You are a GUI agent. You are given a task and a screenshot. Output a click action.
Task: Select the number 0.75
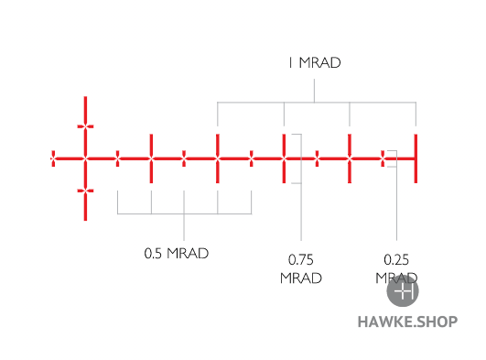tap(301, 259)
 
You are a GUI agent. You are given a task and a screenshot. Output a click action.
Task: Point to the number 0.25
tap(396, 259)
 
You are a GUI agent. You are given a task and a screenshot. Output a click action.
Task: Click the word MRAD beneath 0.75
tap(301, 278)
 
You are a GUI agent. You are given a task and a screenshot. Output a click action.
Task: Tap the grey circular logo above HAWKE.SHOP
tap(403, 291)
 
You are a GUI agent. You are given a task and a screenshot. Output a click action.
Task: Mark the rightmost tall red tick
tap(416, 158)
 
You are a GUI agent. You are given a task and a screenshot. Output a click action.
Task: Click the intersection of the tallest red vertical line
tap(85, 158)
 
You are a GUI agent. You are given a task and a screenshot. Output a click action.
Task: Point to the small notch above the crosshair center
tap(85, 126)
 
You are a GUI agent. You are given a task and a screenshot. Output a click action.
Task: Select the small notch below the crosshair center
tap(85, 191)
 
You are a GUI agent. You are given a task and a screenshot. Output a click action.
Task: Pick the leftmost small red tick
tap(53, 158)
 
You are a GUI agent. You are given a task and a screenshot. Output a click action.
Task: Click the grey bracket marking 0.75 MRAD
tap(298, 158)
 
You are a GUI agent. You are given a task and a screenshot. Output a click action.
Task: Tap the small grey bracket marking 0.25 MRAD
tap(391, 158)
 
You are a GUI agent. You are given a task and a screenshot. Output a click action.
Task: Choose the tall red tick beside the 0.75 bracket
tap(284, 158)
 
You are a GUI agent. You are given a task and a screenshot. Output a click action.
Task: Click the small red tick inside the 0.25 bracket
tap(383, 158)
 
